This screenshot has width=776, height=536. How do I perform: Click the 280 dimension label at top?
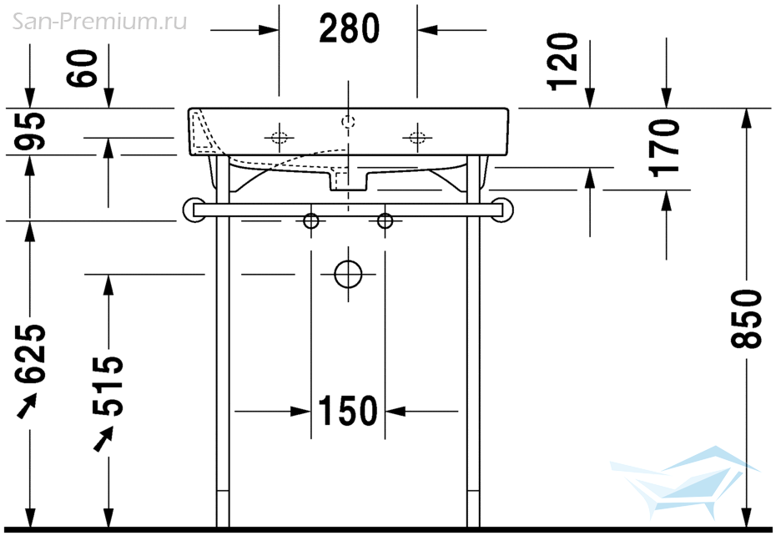coord(349,28)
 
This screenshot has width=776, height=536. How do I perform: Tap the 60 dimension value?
coord(82,68)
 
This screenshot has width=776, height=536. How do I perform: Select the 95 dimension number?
coord(30,131)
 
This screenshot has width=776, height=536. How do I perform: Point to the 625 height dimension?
coord(30,354)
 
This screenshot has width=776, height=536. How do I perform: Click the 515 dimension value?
coord(108,386)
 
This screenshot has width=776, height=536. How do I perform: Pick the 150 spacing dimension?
coord(347,411)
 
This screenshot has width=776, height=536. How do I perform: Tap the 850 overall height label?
coord(746,319)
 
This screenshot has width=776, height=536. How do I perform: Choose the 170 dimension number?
coord(664,148)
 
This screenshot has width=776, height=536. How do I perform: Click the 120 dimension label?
coord(562,62)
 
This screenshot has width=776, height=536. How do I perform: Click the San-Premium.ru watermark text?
coord(99,22)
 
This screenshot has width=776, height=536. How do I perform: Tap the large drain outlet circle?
coord(349,274)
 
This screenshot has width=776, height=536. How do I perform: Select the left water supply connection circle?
coord(310,221)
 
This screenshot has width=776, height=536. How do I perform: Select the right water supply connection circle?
coord(385,221)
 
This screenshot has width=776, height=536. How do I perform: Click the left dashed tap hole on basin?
coord(280,137)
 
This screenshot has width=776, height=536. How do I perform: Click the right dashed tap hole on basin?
coord(417,137)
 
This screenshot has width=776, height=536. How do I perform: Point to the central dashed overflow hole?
coord(349,121)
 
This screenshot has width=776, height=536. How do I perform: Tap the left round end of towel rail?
coord(189,210)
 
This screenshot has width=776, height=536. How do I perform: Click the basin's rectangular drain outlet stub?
coord(349,181)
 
